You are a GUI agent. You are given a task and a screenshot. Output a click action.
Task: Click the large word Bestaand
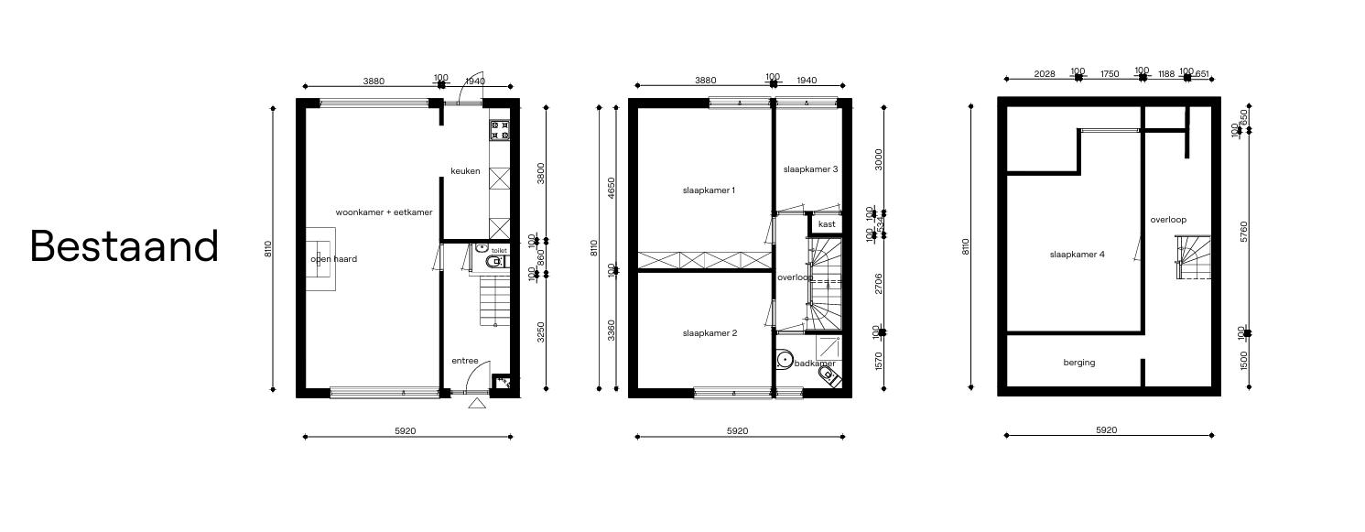coord(125,245)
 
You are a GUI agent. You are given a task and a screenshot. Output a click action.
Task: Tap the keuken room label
coord(465,171)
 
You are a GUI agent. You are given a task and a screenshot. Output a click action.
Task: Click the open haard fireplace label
coord(333,259)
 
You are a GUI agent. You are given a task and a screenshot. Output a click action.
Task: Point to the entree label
coord(465,361)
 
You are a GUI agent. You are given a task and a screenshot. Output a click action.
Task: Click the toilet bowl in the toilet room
coord(494,262)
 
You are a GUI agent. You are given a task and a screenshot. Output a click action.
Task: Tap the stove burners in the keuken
coord(500,130)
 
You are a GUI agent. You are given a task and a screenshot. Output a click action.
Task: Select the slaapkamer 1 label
coord(710,190)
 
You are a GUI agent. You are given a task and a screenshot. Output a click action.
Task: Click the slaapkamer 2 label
coord(710,333)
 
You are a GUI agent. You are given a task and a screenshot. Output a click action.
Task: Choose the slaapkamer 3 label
coord(811,169)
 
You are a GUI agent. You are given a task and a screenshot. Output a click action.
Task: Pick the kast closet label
coord(827,223)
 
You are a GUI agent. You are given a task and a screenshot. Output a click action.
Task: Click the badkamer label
coord(815,364)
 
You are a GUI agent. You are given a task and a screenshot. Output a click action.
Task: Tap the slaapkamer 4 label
coord(1077,255)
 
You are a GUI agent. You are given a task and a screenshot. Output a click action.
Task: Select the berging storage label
coord(1079,363)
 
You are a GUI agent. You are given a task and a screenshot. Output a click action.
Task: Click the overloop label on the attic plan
coord(1168,220)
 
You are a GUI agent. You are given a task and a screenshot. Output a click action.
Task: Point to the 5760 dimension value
coord(1243,231)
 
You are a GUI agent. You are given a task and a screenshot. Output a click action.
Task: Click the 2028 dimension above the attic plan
coord(1045,72)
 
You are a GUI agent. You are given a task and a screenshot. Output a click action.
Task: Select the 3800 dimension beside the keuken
coord(543,174)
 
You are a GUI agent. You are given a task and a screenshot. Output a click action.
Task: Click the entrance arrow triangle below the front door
coord(476,403)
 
